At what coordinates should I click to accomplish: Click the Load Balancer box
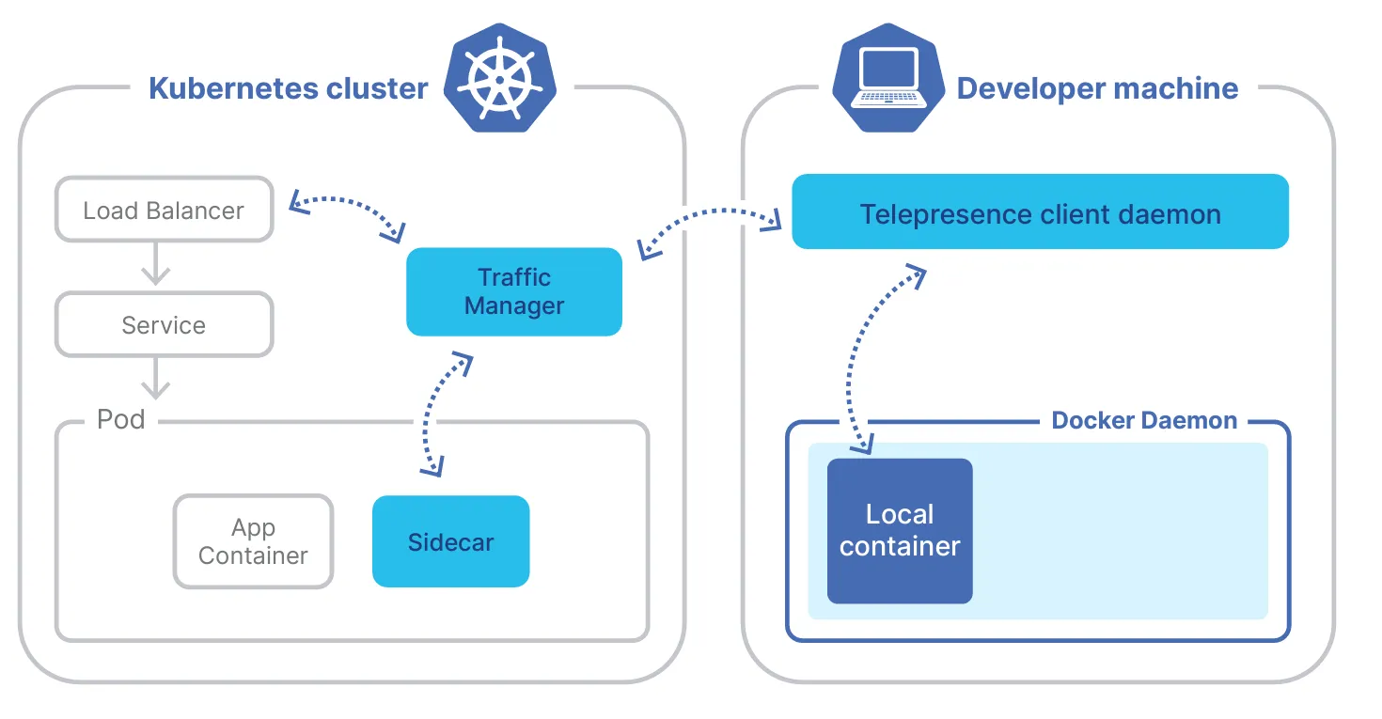[x=164, y=210]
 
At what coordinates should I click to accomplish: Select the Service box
[x=164, y=325]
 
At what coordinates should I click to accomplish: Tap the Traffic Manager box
[x=513, y=291]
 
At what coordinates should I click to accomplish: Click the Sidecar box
[x=450, y=542]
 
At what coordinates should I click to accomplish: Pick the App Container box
[x=253, y=541]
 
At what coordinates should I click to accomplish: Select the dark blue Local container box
[x=900, y=531]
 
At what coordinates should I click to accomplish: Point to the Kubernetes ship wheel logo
[x=499, y=81]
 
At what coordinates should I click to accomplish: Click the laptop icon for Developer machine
[x=888, y=81]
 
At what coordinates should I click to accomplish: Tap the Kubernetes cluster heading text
[x=288, y=88]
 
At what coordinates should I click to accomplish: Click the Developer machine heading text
[x=1097, y=88]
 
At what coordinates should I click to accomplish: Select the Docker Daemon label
[x=1144, y=420]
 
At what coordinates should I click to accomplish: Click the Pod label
[x=121, y=419]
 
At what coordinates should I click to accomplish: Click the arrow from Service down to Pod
[x=155, y=379]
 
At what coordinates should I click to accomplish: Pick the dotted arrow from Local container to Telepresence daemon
[x=856, y=357]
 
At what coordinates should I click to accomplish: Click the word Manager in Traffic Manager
[x=513, y=306]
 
